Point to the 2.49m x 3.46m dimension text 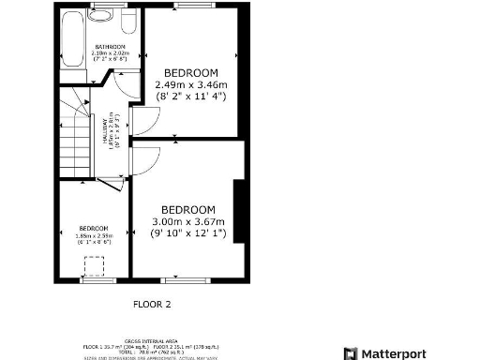[191, 83]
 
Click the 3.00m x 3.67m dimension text [188, 221]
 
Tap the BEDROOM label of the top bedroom [191, 72]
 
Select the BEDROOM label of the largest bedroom [188, 209]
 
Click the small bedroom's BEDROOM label [94, 229]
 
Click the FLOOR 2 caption [152, 304]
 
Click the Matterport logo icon [352, 352]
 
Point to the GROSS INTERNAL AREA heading [153, 340]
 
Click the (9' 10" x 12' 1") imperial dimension [188, 233]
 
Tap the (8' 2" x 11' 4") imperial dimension [191, 96]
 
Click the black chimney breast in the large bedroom [241, 212]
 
